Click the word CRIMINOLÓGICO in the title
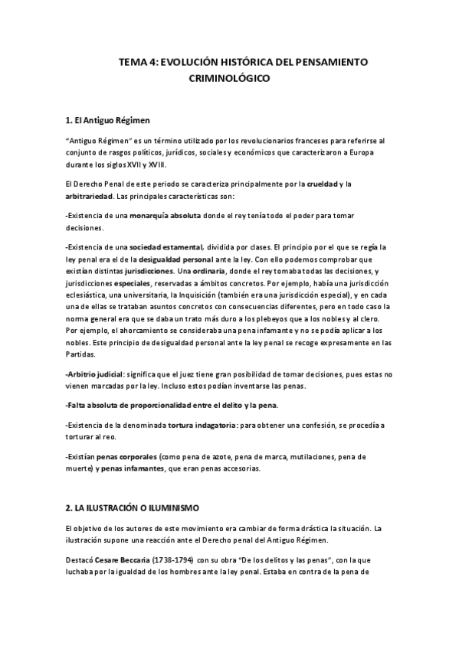pyautogui.click(x=229, y=78)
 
